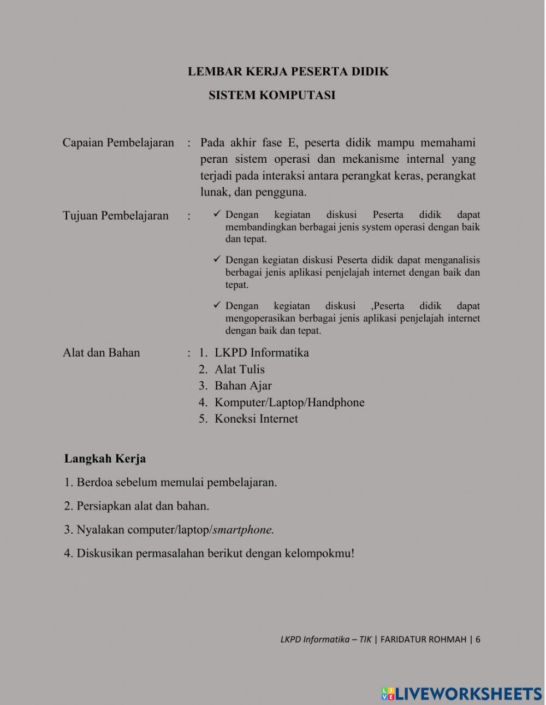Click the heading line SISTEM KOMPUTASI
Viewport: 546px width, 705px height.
(271, 95)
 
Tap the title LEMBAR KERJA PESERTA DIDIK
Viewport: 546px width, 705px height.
(288, 72)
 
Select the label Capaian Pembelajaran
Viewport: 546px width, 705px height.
(118, 143)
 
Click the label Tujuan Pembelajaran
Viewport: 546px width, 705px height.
(115, 216)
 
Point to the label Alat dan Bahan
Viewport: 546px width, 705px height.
(101, 353)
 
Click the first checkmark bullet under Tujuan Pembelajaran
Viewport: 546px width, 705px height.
(217, 215)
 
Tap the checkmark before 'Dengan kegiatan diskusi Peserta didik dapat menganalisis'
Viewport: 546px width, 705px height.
(217, 260)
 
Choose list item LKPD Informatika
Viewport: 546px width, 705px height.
(262, 353)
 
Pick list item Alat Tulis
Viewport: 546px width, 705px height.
(239, 370)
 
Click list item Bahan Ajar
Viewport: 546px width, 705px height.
(243, 386)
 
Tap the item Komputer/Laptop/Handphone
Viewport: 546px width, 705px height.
(289, 403)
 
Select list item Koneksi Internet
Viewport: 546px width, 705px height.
(256, 419)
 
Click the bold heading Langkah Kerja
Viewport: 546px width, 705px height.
(105, 459)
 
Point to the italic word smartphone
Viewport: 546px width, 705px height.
(243, 530)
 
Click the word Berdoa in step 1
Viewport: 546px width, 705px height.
(94, 483)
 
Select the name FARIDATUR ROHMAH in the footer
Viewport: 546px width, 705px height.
(423, 639)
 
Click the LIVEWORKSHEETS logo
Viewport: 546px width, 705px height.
(461, 694)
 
